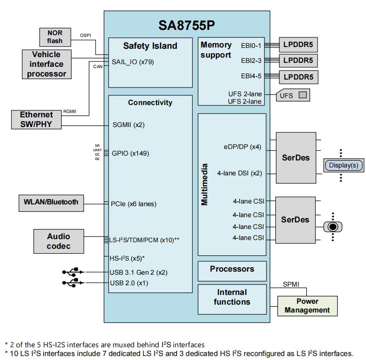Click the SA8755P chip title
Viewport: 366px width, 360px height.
187,25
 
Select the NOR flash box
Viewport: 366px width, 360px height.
55,37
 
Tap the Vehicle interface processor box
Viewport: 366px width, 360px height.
46,64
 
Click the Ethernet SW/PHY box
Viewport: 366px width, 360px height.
36,120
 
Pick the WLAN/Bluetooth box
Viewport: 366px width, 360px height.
51,202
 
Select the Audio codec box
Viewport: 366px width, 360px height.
59,241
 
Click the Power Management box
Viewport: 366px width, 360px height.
307,305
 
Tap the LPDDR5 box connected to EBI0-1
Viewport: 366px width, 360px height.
298,45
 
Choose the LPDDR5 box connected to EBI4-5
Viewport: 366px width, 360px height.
298,77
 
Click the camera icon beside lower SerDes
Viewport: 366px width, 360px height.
333,226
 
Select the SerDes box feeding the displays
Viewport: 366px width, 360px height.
295,157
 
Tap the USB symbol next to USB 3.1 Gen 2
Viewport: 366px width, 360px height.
73,272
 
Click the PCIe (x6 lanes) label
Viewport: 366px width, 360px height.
134,204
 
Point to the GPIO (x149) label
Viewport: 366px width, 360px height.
130,153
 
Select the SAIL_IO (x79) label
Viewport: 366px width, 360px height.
132,62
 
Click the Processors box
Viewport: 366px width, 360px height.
232,269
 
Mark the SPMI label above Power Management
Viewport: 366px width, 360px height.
290,284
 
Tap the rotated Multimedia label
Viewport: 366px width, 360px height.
205,185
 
